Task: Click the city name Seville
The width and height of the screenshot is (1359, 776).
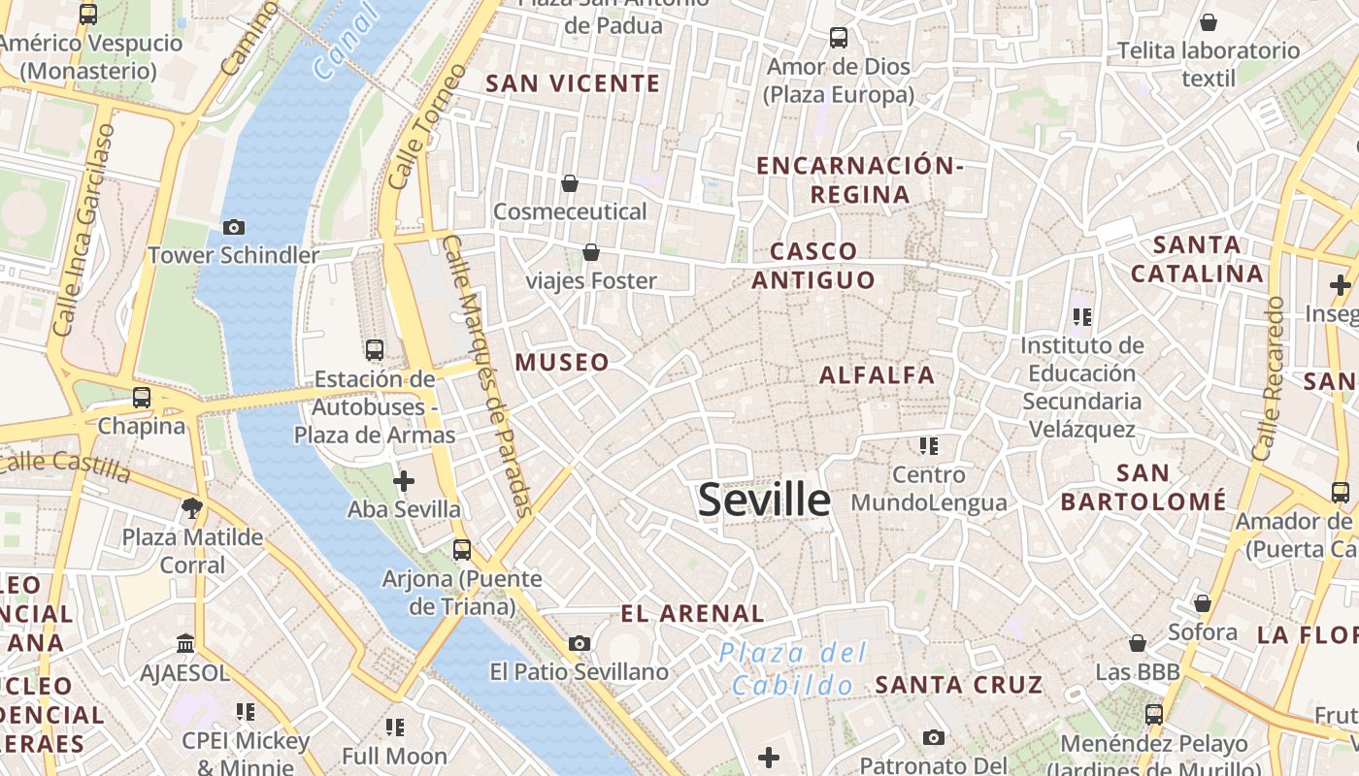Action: tap(764, 500)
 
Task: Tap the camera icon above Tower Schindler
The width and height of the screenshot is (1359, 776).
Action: tap(234, 227)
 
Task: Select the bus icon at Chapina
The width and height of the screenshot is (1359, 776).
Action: tap(142, 397)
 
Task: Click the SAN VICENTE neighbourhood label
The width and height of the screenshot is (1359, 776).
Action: tap(573, 83)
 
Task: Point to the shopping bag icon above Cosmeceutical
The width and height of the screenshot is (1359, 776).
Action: tap(570, 183)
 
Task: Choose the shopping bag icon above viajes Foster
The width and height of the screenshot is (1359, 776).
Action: tap(590, 253)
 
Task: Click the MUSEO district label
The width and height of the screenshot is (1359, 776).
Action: tap(562, 363)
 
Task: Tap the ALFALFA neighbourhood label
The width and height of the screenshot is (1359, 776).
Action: tap(877, 375)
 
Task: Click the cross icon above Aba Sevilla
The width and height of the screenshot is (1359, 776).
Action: tap(404, 480)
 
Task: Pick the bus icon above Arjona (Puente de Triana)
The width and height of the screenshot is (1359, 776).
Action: tap(462, 550)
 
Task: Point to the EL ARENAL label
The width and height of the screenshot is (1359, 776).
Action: tap(692, 613)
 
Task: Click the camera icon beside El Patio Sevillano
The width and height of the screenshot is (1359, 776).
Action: tap(580, 643)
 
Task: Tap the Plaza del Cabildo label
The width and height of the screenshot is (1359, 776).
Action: tap(793, 669)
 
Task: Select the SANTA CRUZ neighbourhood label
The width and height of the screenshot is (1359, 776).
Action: tap(958, 684)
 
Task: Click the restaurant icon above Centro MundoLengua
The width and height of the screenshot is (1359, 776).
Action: tap(929, 446)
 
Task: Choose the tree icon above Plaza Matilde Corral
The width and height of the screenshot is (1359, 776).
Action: tap(192, 507)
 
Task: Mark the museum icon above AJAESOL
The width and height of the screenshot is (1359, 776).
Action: tap(185, 643)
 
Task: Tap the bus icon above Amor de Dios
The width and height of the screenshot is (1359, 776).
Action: tap(839, 38)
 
